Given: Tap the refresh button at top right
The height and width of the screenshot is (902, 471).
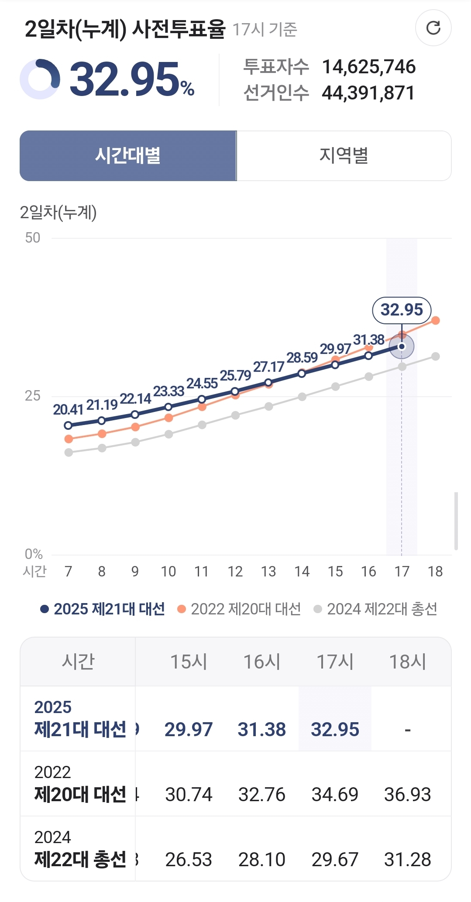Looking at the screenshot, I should point(433,28).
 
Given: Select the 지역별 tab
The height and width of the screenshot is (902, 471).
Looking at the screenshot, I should point(344,156).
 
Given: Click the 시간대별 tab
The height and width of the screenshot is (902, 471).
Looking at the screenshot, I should point(128,156).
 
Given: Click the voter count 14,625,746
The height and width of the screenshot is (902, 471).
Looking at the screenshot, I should point(368,67).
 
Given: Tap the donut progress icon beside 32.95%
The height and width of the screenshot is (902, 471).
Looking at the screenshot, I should point(40,79).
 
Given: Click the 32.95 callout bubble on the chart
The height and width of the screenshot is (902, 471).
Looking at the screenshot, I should point(402,310).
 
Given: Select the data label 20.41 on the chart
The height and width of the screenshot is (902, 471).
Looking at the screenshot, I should point(68,410).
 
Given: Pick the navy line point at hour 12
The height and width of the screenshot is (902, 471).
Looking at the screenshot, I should point(235,391).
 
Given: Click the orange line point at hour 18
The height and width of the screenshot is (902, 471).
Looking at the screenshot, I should point(435,321).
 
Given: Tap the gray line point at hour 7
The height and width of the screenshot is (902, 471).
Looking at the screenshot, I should point(69,453).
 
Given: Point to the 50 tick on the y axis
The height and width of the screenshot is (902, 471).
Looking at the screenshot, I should point(33,238).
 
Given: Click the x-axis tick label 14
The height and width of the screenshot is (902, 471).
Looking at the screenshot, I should point(302,572).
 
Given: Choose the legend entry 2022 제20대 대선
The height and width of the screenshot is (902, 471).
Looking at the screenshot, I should point(239,609).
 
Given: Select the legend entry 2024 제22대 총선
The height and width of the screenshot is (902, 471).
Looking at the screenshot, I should point(375,609).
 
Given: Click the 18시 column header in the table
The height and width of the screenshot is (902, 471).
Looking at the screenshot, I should point(407,662).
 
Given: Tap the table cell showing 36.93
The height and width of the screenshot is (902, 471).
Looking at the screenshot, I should point(407,795).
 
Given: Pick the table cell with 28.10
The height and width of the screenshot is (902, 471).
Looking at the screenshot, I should point(261,860).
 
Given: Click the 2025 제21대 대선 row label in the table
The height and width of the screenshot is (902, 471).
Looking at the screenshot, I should point(80,718).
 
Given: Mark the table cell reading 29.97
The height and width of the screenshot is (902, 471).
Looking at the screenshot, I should point(189,730).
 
